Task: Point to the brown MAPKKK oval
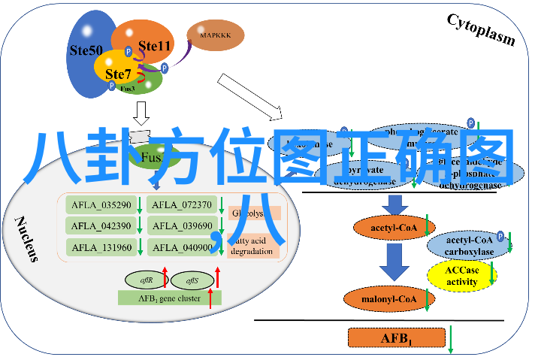pyautogui.click(x=216, y=34)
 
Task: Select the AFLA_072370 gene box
pyautogui.click(x=181, y=204)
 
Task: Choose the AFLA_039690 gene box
pyautogui.click(x=181, y=225)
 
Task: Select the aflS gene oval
pyautogui.click(x=192, y=280)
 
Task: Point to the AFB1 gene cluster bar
pyautogui.click(x=169, y=298)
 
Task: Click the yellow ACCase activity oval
pyautogui.click(x=462, y=277)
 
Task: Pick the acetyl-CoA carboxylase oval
pyautogui.click(x=470, y=245)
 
